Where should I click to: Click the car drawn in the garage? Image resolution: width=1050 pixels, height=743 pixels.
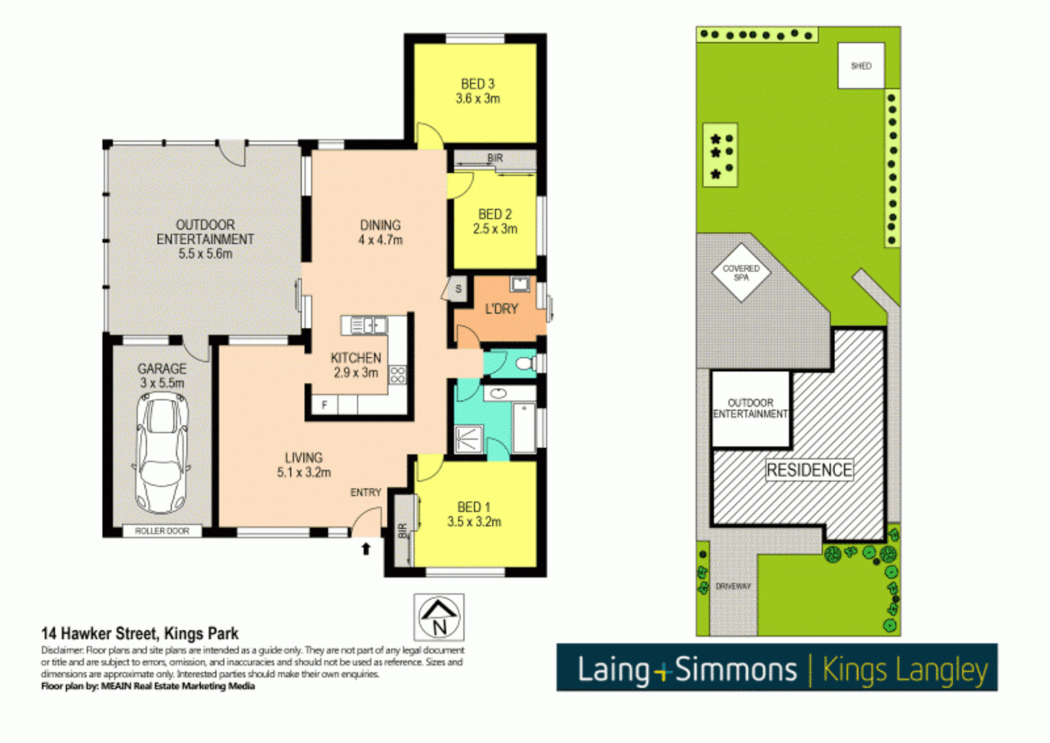click(x=162, y=454)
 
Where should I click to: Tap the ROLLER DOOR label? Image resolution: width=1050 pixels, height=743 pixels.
click(x=162, y=531)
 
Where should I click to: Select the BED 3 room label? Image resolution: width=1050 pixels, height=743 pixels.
click(x=477, y=84)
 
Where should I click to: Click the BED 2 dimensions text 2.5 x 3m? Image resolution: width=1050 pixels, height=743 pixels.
click(x=495, y=229)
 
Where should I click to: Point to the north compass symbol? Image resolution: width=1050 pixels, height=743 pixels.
click(x=439, y=617)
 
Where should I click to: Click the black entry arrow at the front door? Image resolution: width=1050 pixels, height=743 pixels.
click(x=366, y=548)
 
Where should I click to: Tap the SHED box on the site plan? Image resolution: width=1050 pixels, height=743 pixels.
click(x=861, y=66)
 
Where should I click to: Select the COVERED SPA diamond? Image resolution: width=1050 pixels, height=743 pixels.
click(x=741, y=273)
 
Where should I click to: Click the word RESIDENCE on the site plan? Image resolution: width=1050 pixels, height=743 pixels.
click(x=809, y=471)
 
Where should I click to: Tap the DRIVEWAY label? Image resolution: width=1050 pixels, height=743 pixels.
click(x=733, y=586)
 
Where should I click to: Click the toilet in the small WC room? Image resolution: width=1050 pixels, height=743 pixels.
click(x=526, y=363)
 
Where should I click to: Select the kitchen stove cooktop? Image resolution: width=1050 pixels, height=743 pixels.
click(x=397, y=375)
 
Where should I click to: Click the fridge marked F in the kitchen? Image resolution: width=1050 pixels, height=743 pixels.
click(x=325, y=405)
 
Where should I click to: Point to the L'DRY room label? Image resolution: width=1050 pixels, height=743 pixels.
click(x=501, y=309)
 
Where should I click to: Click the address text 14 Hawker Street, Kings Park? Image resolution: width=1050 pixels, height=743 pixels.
click(x=140, y=634)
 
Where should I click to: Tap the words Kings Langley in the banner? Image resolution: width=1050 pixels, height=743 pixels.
click(x=905, y=669)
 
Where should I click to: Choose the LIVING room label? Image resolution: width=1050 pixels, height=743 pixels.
click(x=303, y=457)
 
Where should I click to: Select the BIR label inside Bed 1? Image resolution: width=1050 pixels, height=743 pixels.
click(x=402, y=530)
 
